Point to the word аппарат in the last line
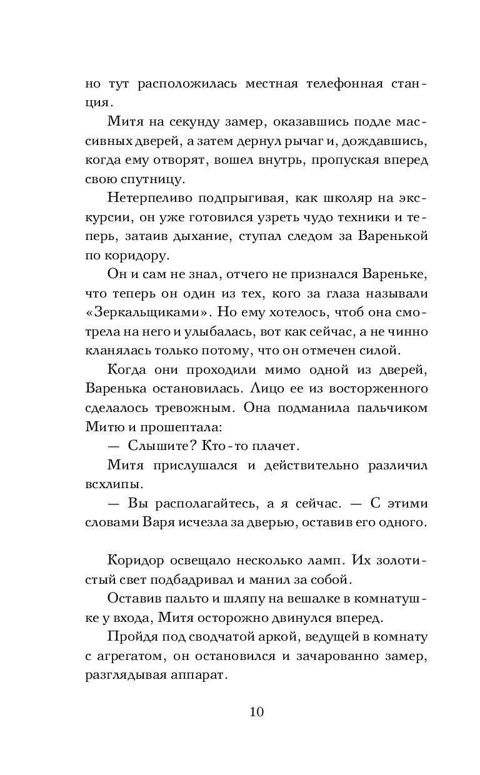(x=199, y=675)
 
